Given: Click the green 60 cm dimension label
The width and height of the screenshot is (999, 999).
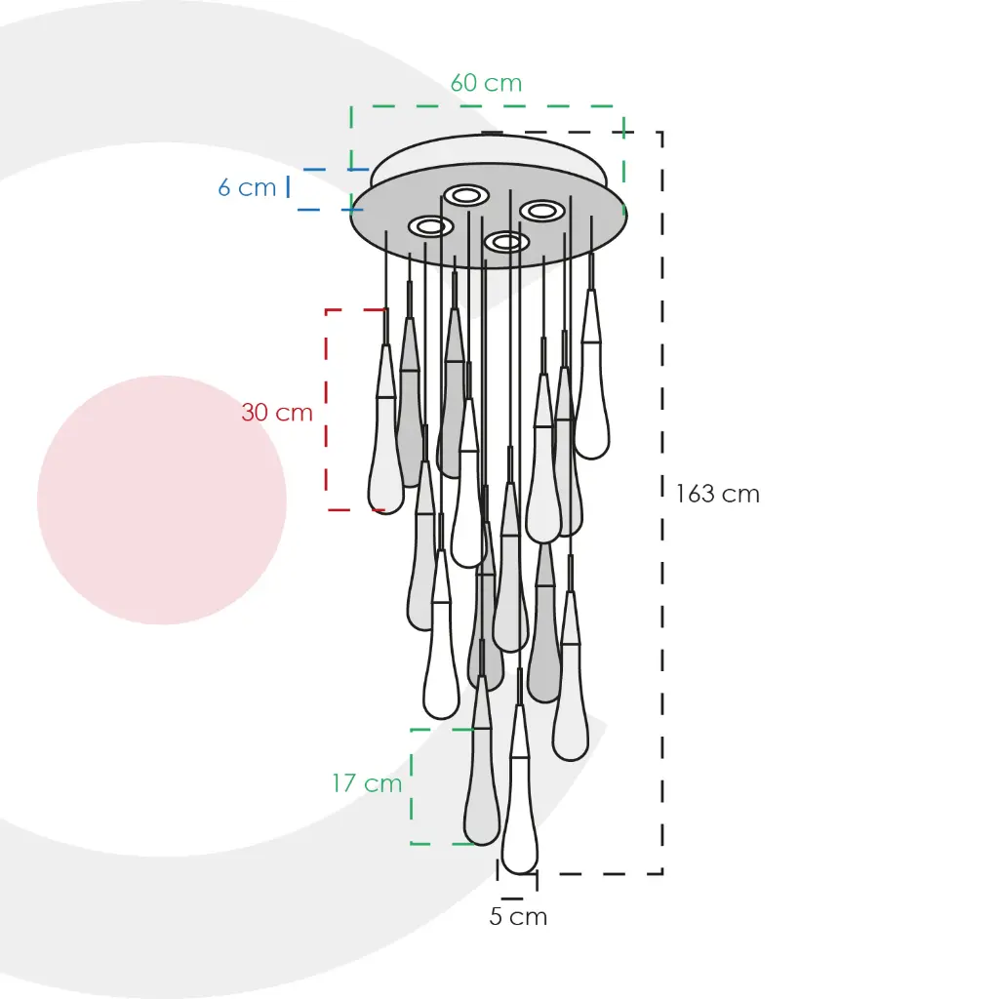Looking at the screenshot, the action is pyautogui.click(x=486, y=83).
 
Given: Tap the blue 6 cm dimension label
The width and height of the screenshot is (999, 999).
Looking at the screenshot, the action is pyautogui.click(x=247, y=187).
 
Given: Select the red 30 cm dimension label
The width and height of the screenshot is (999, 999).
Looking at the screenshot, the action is pyautogui.click(x=277, y=413).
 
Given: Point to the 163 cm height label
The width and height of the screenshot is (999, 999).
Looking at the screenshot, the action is pyautogui.click(x=717, y=494).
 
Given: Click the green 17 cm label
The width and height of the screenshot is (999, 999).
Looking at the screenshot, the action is pyautogui.click(x=367, y=783).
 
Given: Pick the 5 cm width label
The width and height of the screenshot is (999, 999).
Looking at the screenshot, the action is pyautogui.click(x=518, y=916).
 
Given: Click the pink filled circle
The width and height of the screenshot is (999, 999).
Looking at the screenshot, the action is pyautogui.click(x=162, y=499).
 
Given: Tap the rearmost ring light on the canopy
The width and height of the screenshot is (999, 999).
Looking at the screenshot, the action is pyautogui.click(x=466, y=195).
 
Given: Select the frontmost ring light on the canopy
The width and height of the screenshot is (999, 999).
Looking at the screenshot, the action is pyautogui.click(x=506, y=242).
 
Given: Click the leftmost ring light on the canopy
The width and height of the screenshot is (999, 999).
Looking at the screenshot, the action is pyautogui.click(x=430, y=226).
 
